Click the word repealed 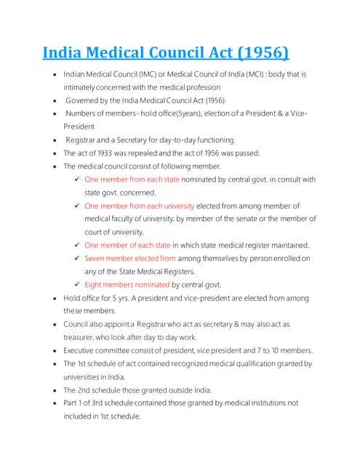[159, 153]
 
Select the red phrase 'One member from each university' [139, 206]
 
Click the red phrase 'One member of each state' [127, 245]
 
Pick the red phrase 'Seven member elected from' [130, 258]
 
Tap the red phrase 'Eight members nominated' [127, 285]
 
